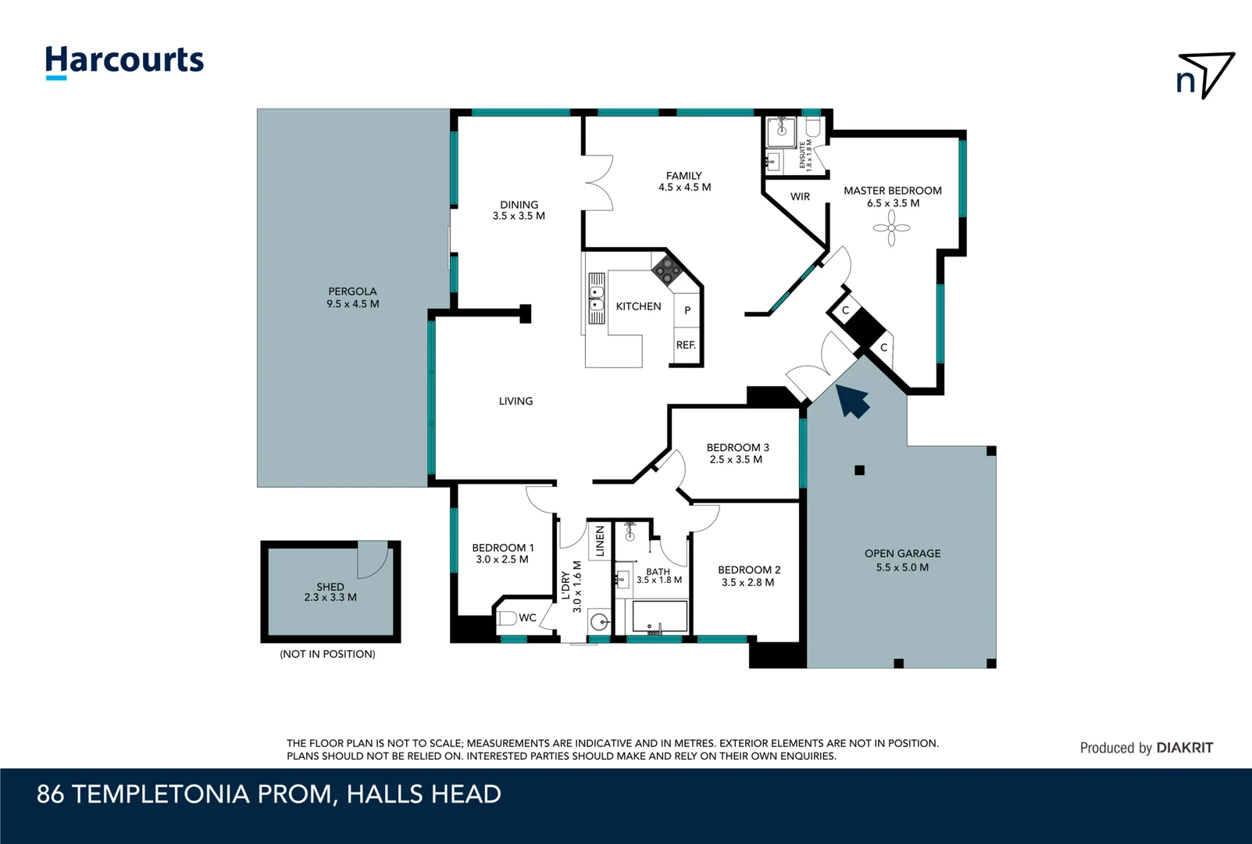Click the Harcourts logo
coord(124,61)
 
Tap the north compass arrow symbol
coord(1207,74)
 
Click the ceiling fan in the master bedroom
coord(891,228)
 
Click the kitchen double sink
coord(596,298)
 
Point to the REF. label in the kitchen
coord(686,345)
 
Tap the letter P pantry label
coord(687,310)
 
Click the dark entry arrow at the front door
coord(853,401)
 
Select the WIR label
coord(800,197)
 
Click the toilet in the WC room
coord(507,618)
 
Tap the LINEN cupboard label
coord(600,541)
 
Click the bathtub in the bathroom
coord(659,617)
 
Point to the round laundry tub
coord(599,622)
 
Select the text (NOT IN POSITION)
coord(327,654)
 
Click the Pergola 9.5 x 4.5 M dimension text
coord(352,304)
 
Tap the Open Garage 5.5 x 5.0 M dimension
coord(902,567)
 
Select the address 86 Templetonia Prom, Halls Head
coord(269,794)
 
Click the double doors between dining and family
coord(597,183)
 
